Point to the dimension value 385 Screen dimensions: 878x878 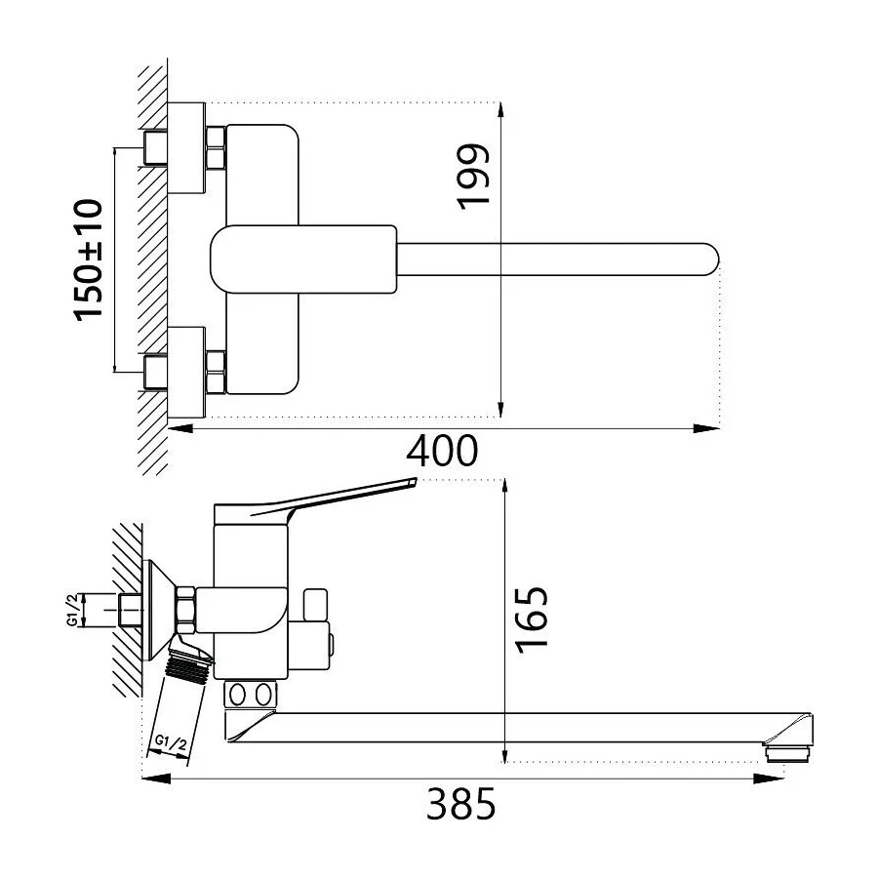coord(461,805)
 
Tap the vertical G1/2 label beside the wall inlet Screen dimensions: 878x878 coord(72,611)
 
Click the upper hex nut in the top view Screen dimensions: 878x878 coord(217,148)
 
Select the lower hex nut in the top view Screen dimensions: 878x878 coord(217,369)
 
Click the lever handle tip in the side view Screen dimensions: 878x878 coord(410,481)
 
